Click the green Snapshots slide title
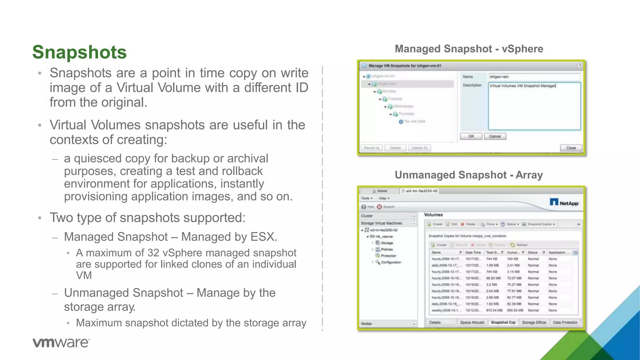click(x=79, y=52)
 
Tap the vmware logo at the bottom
click(x=61, y=342)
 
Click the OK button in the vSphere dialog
click(x=471, y=136)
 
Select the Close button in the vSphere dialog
click(x=571, y=148)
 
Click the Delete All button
click(x=419, y=148)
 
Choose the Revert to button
click(x=372, y=148)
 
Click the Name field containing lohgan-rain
click(x=534, y=77)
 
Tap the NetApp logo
click(x=564, y=203)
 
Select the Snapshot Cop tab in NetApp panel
click(x=503, y=322)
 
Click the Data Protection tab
click(x=565, y=322)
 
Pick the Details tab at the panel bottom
click(x=435, y=322)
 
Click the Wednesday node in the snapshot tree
click(x=403, y=106)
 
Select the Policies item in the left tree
click(x=387, y=249)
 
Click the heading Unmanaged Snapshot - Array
click(x=469, y=175)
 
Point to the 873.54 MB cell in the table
click(x=494, y=310)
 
